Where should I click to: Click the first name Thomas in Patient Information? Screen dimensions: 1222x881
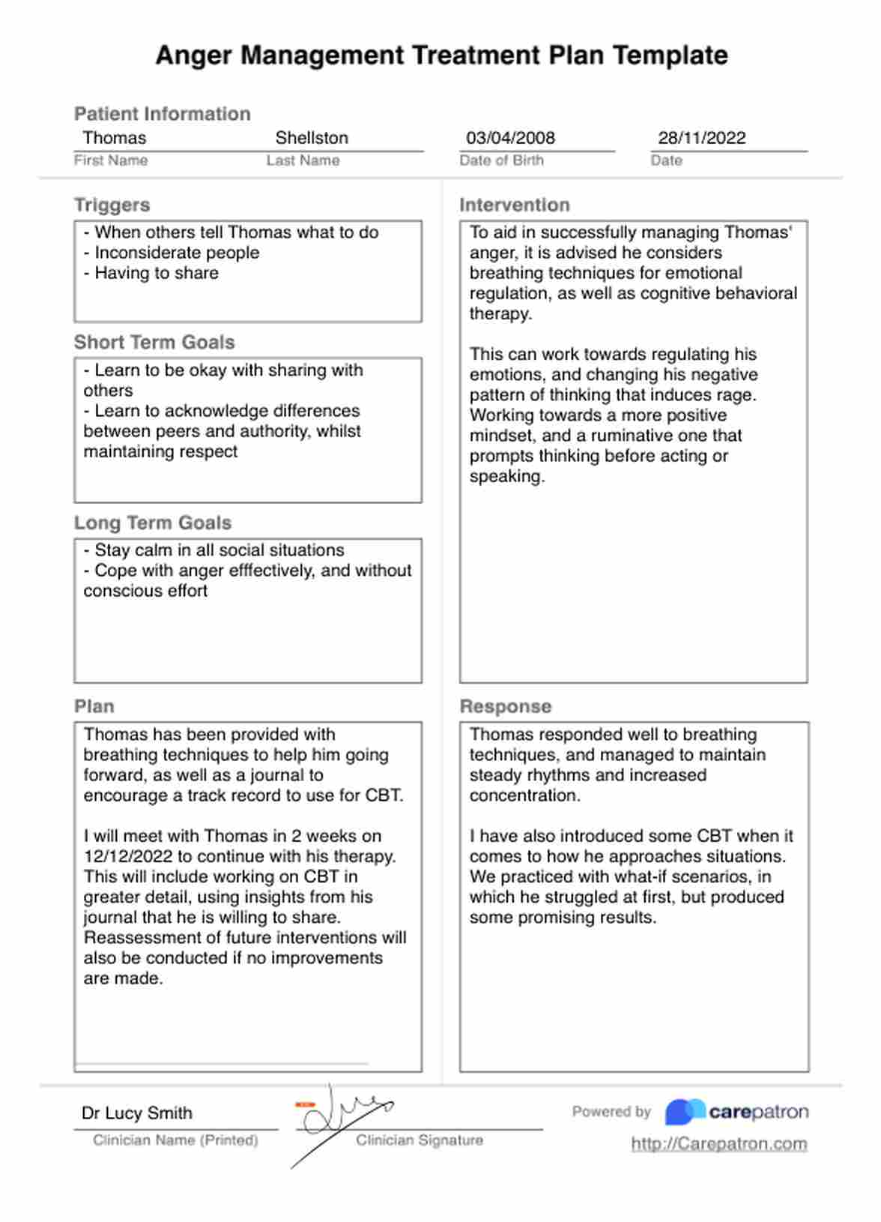(115, 138)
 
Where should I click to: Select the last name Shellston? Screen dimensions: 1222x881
(312, 138)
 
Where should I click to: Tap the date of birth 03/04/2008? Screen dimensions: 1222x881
(510, 138)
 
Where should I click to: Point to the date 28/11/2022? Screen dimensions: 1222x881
(702, 138)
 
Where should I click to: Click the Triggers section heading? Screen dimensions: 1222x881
(112, 205)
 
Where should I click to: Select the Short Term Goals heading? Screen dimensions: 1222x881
(154, 342)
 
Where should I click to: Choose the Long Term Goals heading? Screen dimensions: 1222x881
(153, 523)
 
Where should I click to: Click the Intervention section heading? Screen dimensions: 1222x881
(515, 205)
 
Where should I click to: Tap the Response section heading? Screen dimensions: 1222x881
(506, 706)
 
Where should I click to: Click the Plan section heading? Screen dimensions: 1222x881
(94, 706)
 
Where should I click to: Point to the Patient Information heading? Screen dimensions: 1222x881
(163, 114)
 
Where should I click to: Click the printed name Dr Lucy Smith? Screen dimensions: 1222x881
(137, 1113)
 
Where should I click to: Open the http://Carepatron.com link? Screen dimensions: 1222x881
(719, 1144)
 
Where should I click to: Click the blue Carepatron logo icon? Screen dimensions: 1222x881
(685, 1112)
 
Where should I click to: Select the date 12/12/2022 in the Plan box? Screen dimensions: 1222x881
(128, 856)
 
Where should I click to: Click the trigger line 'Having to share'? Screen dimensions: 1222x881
(156, 273)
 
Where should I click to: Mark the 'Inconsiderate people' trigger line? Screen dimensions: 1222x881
(177, 253)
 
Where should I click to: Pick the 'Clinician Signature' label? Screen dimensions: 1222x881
(420, 1140)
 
